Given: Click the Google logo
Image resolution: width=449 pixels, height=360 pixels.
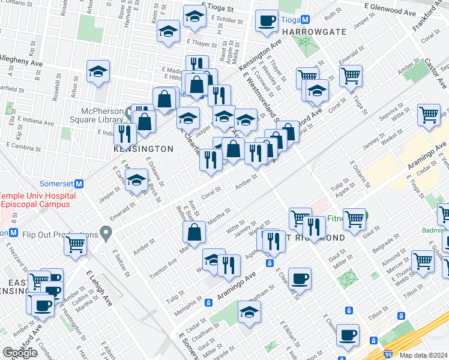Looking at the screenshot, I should coord(20,353).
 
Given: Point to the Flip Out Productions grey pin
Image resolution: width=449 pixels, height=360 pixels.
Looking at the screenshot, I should coord(106,232).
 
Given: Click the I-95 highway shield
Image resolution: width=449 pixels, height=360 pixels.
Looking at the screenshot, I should coord(388,355).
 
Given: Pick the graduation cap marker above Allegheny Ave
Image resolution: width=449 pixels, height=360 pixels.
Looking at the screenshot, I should coord(98,71).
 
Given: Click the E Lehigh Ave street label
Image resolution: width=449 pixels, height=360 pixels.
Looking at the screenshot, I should coord(98,287).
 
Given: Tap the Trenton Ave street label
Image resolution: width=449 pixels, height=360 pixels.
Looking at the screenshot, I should coord(163,266).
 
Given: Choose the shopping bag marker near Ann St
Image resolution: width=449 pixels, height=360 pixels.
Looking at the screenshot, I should coord(194,232).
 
